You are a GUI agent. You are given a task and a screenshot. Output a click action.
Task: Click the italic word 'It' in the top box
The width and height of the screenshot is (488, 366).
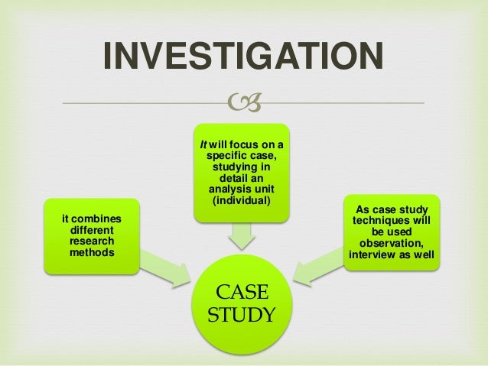(204, 144)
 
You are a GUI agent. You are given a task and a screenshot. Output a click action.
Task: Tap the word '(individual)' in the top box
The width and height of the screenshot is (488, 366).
(241, 199)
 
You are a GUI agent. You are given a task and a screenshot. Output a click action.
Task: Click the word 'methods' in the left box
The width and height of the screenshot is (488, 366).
(89, 251)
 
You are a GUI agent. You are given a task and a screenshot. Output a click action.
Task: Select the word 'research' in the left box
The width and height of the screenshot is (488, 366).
(89, 241)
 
